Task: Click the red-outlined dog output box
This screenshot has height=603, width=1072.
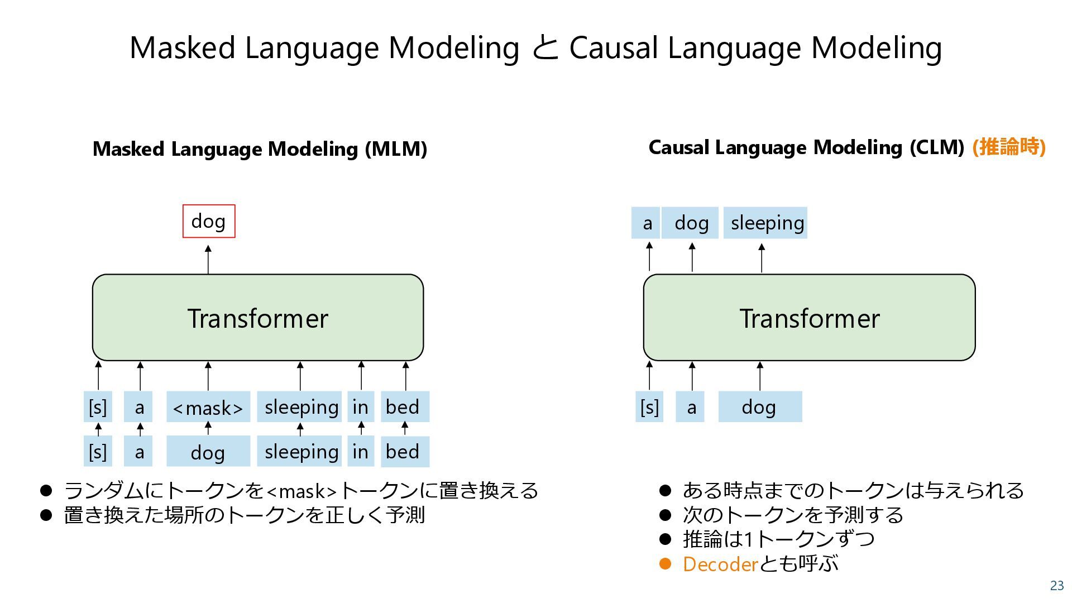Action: pos(209,221)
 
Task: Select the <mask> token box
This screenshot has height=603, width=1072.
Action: pos(208,407)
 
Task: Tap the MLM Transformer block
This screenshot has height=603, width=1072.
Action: pos(257,318)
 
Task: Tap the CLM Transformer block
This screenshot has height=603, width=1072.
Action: pos(809,318)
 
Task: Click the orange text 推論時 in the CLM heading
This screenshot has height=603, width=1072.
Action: pos(1008,147)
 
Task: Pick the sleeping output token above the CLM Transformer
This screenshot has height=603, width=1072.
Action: pos(765,223)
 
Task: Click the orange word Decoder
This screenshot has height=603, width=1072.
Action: pos(720,564)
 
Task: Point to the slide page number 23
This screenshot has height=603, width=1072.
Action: pos(1057,586)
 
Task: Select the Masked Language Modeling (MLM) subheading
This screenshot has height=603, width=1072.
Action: pos(260,149)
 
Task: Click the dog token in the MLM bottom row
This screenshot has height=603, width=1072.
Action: pos(208,452)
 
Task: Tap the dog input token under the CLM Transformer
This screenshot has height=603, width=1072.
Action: pos(759,407)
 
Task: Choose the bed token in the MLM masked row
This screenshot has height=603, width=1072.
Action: pos(404,406)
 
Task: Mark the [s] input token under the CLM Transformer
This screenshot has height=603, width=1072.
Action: pos(649,407)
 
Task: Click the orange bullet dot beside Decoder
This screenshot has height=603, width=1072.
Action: pos(664,564)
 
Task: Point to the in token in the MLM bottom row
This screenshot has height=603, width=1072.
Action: pos(361,451)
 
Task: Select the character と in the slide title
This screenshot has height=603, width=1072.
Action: pos(544,48)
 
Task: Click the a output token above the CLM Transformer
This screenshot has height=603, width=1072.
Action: pos(647,223)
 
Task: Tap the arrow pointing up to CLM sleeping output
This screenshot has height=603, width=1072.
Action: pos(762,257)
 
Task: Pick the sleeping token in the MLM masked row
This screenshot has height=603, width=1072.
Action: pos(300,406)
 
